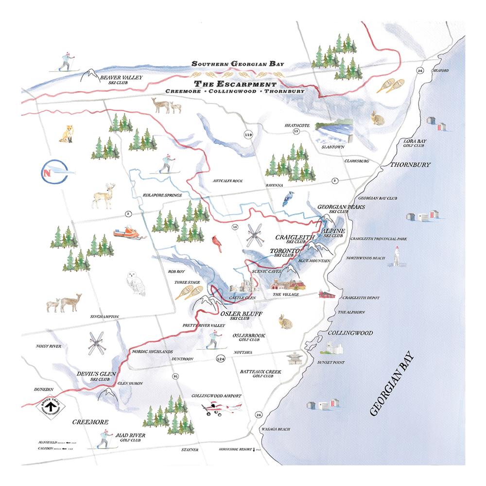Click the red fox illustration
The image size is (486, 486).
(67, 134)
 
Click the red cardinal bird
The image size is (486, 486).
(215, 243)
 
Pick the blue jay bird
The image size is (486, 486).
(288, 200)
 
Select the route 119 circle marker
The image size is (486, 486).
(249, 135)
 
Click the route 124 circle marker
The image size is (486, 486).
(220, 358)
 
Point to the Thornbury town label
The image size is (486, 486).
(410, 165)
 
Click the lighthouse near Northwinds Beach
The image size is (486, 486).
(396, 256)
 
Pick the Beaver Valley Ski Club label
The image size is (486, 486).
(117, 79)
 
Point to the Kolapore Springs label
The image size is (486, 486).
(162, 195)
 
